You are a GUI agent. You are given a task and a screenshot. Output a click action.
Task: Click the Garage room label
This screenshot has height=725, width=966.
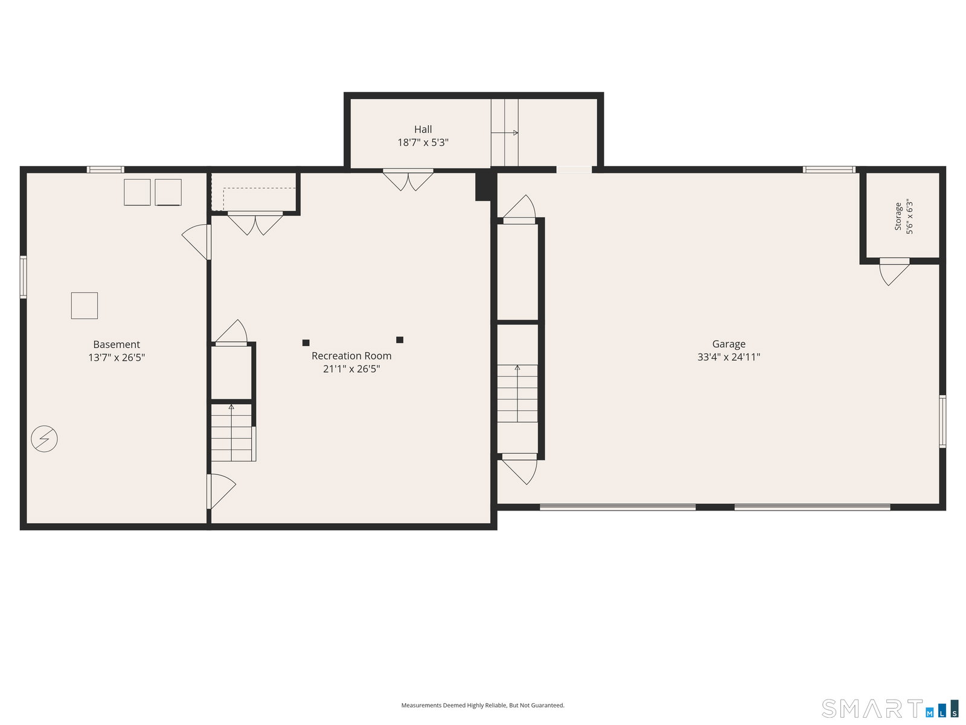[x=728, y=344]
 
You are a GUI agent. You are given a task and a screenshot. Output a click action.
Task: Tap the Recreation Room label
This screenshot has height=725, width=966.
[x=351, y=356]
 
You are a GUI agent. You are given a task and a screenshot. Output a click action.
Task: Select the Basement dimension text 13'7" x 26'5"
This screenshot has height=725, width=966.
[x=117, y=358]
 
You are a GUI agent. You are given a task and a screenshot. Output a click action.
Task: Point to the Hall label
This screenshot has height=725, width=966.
[x=423, y=129]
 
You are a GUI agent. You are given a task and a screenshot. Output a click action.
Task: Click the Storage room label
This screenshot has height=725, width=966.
[x=898, y=216]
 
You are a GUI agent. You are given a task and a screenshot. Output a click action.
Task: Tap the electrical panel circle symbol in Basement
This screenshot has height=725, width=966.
[x=45, y=439]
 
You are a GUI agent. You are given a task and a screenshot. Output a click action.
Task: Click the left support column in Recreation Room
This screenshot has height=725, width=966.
[x=306, y=343]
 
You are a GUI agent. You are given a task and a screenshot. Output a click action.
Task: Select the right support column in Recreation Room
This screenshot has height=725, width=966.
[x=400, y=340]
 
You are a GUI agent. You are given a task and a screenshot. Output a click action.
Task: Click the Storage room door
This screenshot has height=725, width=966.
[x=894, y=272]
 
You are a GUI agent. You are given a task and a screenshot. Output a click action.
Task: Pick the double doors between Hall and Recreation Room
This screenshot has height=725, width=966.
[x=408, y=180]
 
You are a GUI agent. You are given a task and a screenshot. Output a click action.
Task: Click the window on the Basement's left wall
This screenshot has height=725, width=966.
[x=24, y=277]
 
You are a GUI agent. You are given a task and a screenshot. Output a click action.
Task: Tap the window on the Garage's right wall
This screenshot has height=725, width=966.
[x=942, y=421]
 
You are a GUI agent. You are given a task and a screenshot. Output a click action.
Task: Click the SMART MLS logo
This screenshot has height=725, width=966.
[x=889, y=708]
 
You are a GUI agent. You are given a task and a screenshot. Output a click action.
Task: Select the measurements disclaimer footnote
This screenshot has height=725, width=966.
[x=482, y=705]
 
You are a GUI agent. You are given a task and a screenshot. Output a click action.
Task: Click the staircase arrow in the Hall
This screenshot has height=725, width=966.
[x=504, y=132]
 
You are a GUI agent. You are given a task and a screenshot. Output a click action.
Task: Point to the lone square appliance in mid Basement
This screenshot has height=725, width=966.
[x=85, y=306]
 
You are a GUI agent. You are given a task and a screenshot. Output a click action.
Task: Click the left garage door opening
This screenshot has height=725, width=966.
[x=618, y=507]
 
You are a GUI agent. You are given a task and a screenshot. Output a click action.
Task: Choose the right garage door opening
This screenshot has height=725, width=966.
[x=813, y=507]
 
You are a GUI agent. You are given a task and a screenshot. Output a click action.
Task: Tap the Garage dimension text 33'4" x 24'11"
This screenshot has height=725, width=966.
[x=728, y=357]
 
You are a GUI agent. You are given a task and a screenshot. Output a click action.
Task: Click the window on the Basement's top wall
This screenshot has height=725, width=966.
[x=105, y=170]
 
